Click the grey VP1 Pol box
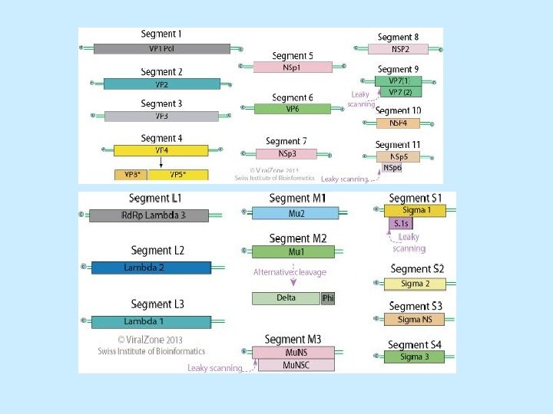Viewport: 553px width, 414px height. click(x=162, y=48)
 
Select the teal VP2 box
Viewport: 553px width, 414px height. click(x=161, y=84)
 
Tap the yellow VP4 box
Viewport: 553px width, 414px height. click(x=161, y=150)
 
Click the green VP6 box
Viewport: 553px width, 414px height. click(x=293, y=109)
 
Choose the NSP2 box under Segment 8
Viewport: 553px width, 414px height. click(x=398, y=49)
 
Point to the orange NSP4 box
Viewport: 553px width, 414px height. click(x=398, y=123)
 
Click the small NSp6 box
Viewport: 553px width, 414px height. click(x=392, y=167)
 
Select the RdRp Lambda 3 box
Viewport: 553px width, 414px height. click(x=149, y=215)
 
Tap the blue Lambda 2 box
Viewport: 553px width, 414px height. click(x=151, y=268)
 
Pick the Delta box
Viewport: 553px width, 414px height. click(x=286, y=298)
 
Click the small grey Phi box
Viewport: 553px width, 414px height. click(x=328, y=298)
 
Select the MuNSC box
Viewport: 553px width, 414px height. click(x=296, y=365)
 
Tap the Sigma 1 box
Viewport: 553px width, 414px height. click(x=415, y=209)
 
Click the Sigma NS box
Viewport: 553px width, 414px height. click(x=415, y=319)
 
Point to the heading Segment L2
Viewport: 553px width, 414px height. click(x=157, y=251)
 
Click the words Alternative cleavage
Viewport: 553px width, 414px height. click(x=290, y=272)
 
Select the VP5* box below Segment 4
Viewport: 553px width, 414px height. click(x=177, y=175)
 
